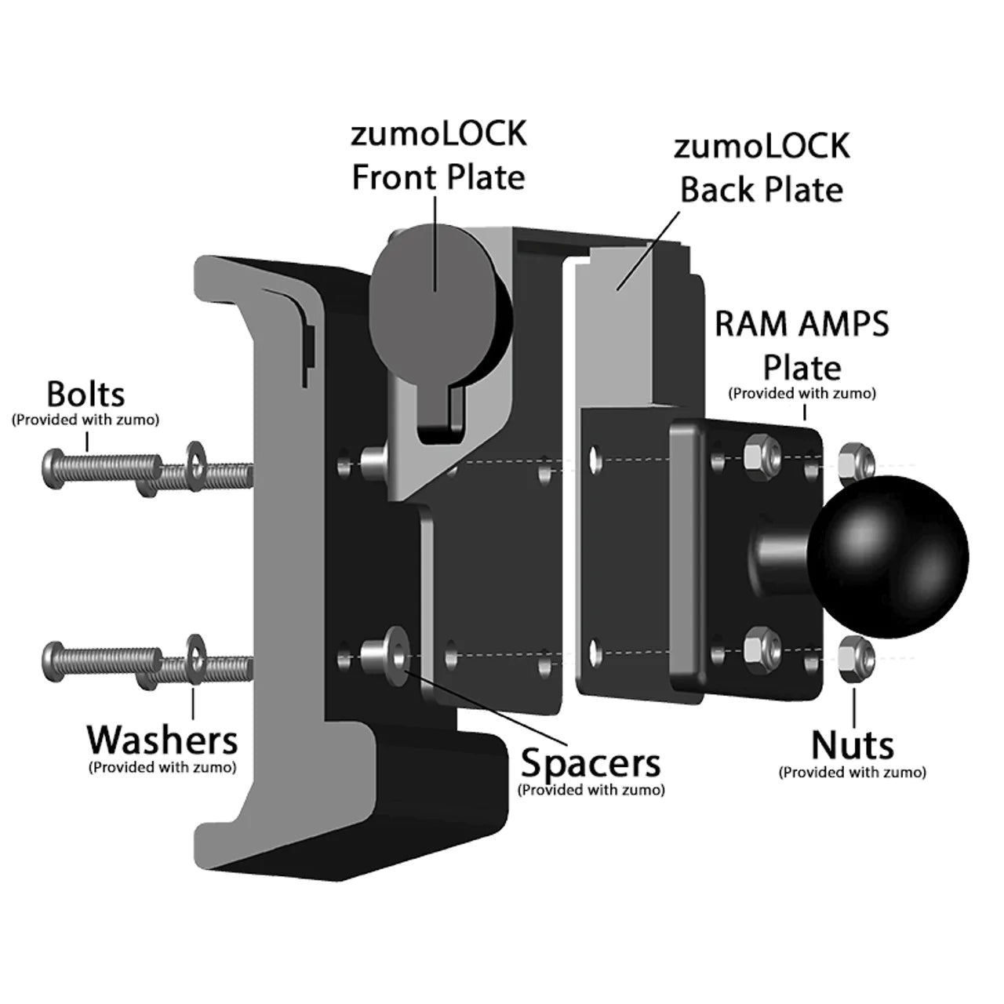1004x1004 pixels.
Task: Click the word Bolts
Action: (85, 395)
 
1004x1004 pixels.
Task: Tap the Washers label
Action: (162, 740)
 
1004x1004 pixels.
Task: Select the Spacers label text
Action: (591, 762)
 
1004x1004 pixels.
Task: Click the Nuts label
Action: (852, 745)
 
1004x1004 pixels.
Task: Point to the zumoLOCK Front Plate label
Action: (438, 156)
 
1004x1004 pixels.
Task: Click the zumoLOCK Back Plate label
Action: (762, 169)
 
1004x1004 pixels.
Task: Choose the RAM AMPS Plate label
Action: (802, 345)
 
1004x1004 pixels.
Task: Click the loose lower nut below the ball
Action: (856, 653)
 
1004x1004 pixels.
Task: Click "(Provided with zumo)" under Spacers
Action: (591, 790)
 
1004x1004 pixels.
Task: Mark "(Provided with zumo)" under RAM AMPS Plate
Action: (802, 393)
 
